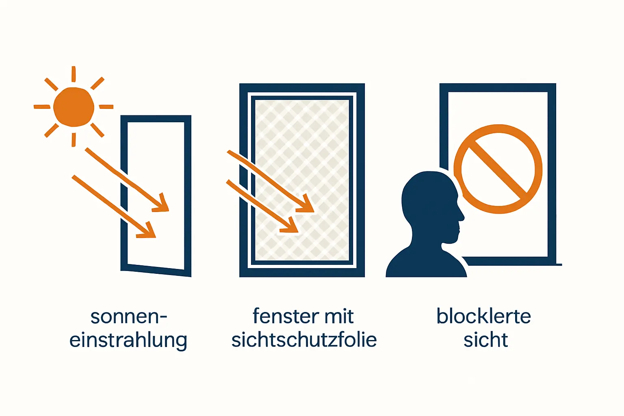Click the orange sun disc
(x=74, y=107)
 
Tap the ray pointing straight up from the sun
(x=74, y=74)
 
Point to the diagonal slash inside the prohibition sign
(x=498, y=169)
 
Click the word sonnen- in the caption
(x=128, y=316)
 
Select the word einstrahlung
(x=128, y=340)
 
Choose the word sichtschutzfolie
(x=304, y=340)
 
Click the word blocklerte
(x=483, y=316)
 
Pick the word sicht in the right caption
(x=485, y=340)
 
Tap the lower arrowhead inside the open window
(x=148, y=232)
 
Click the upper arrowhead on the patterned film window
(x=307, y=205)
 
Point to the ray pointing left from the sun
(x=42, y=107)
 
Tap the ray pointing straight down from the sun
(x=74, y=139)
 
